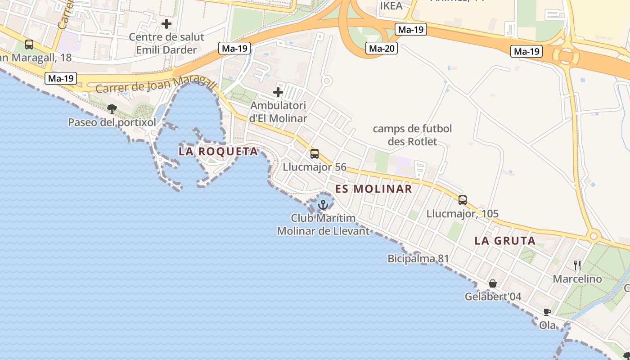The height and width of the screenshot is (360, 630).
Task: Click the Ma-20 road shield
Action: [x=382, y=48]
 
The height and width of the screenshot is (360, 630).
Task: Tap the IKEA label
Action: [x=391, y=6]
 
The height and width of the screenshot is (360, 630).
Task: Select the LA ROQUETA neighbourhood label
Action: [x=218, y=151]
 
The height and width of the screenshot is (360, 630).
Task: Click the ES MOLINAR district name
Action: [x=373, y=189]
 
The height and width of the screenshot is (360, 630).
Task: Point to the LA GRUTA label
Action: [x=505, y=241]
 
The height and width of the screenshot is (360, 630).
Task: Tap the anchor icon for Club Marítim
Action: [x=323, y=205]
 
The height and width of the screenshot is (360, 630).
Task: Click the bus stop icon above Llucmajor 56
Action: [x=315, y=154]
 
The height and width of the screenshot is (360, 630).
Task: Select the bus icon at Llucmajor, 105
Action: [x=463, y=200]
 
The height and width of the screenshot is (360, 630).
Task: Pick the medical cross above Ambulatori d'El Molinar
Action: [x=278, y=93]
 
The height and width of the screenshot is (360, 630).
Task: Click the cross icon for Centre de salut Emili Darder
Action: [x=166, y=23]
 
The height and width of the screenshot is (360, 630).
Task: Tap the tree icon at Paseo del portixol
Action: [x=112, y=108]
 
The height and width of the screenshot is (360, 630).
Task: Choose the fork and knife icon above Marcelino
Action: [x=577, y=265]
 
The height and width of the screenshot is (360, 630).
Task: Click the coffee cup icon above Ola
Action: [x=547, y=312]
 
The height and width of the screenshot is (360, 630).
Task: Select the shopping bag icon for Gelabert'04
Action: [x=493, y=283]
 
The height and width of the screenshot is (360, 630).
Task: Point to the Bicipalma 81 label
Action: [x=418, y=259]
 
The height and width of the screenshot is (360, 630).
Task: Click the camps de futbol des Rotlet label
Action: [x=412, y=135]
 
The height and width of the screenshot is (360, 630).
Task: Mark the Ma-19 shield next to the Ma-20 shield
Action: [x=411, y=30]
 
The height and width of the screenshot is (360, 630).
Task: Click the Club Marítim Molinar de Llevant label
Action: [x=323, y=225]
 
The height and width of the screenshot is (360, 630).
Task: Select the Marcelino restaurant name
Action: [x=577, y=279]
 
